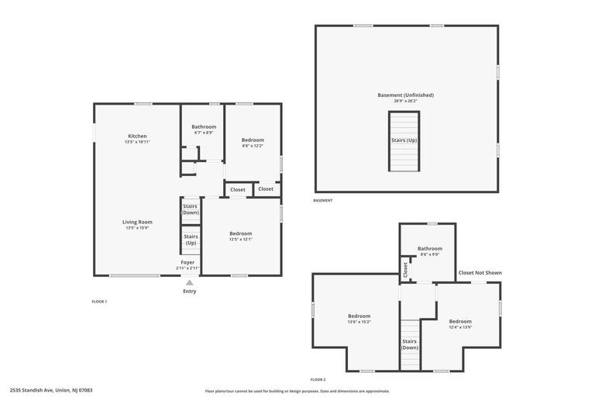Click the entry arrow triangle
tap(189, 282)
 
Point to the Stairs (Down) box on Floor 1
tap(190, 209)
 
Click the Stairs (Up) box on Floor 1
tap(191, 240)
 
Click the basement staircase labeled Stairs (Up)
tap(404, 141)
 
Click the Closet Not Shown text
tap(480, 272)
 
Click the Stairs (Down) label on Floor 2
tap(410, 344)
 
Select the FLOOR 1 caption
tap(99, 302)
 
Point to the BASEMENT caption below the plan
tap(323, 201)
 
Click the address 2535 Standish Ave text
tap(51, 390)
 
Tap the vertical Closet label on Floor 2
tap(405, 269)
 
